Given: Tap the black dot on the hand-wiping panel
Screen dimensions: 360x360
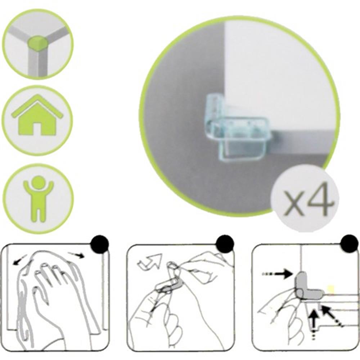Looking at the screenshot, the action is pyautogui.click(x=100, y=244).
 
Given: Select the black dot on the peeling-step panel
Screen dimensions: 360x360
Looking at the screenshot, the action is pyautogui.click(x=225, y=244).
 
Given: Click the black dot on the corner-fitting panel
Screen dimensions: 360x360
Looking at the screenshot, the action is pyautogui.click(x=350, y=243).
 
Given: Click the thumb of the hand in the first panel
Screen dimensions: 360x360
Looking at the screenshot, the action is pyautogui.click(x=40, y=294).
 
